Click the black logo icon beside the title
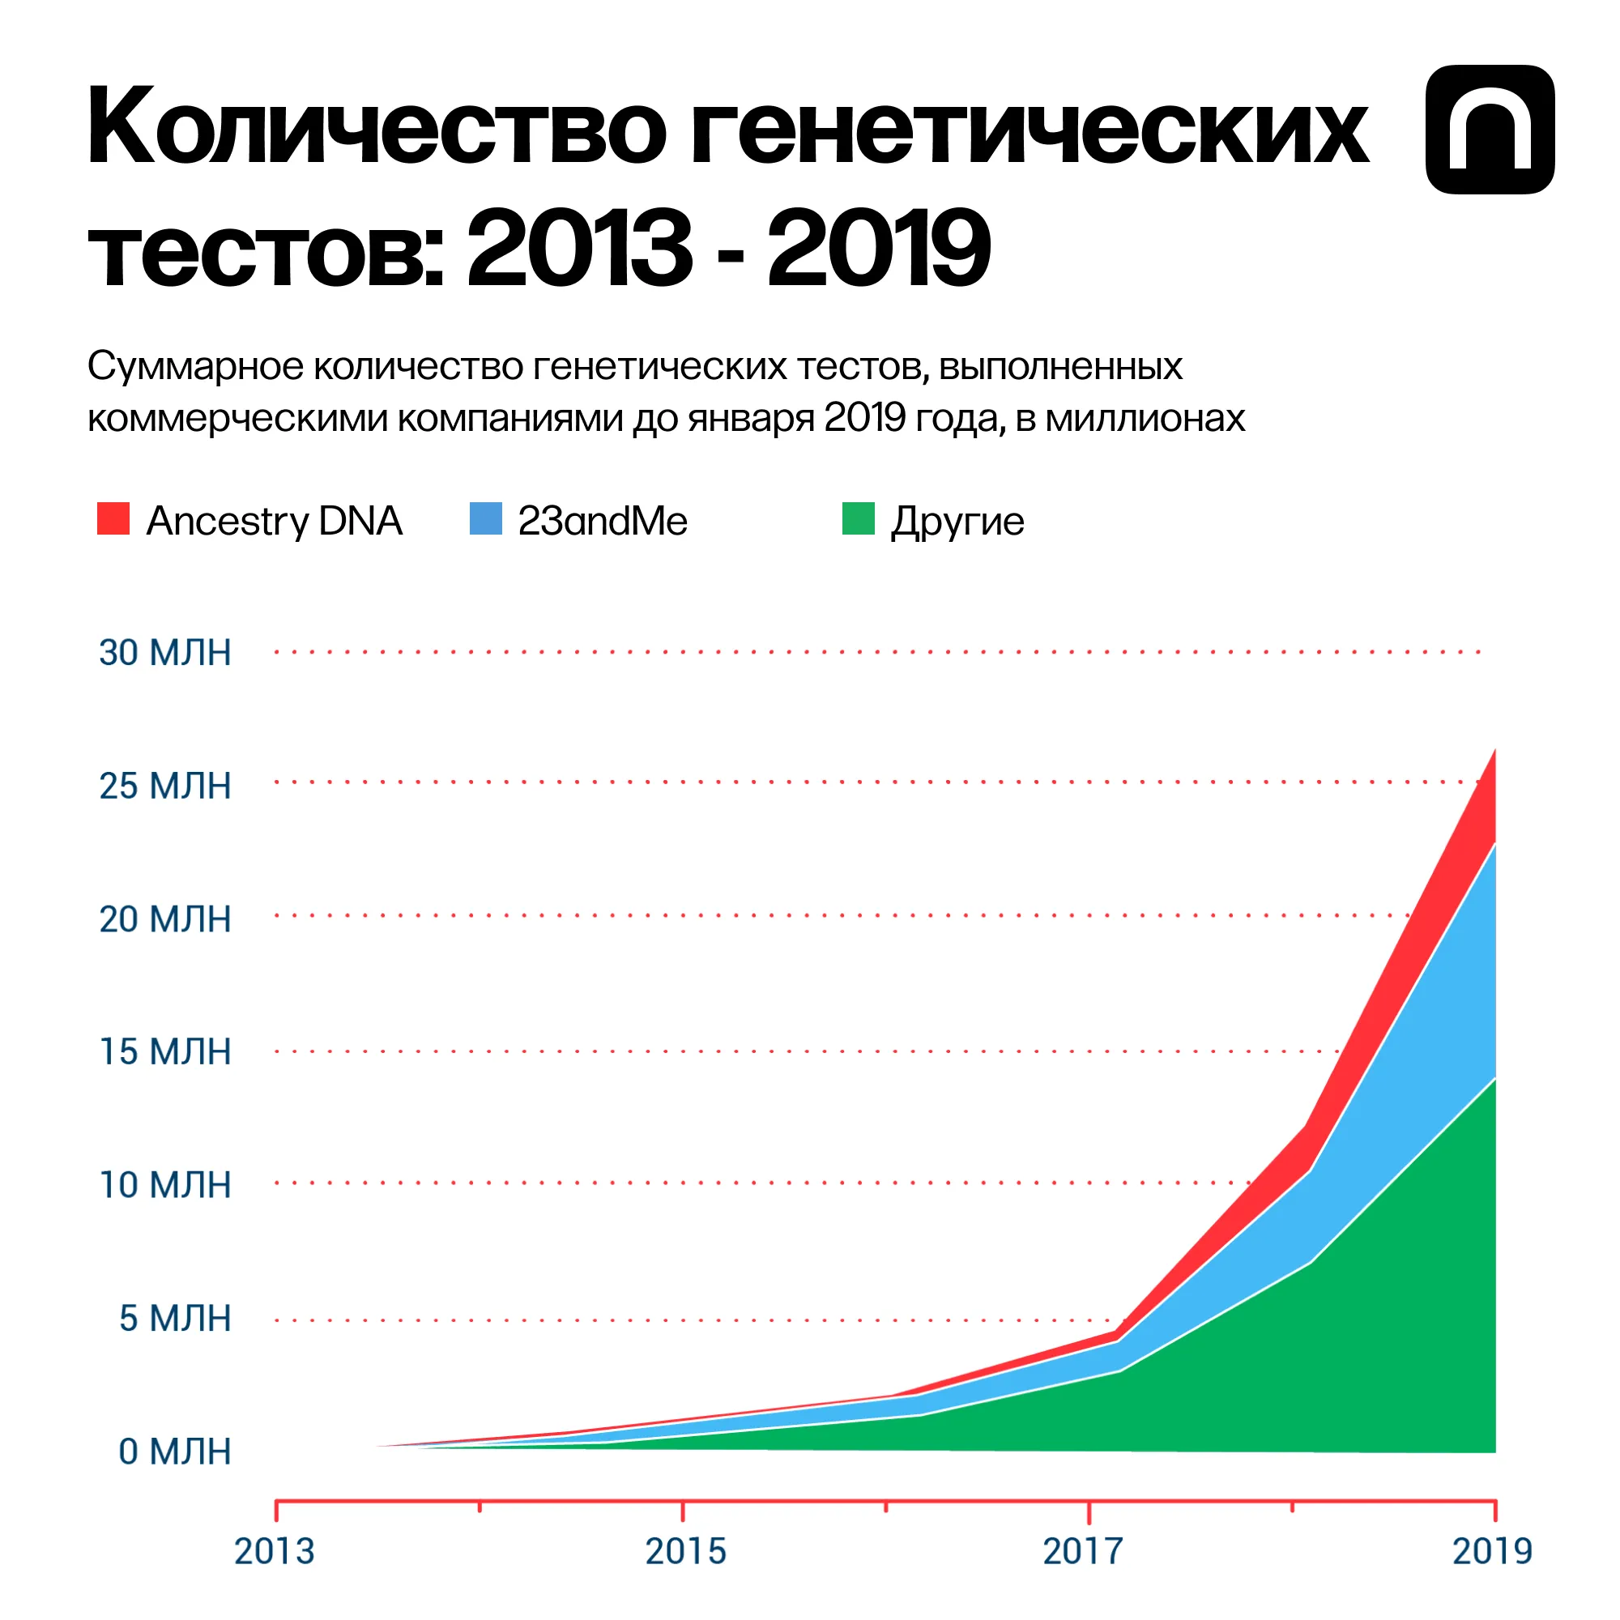coord(1490,130)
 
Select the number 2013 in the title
coord(578,249)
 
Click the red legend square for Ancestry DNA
coord(113,519)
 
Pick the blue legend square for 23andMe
coord(485,519)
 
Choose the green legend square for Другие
coord(858,519)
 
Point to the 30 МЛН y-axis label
coord(165,653)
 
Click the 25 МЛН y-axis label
coord(165,787)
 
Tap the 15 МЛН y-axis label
coord(165,1052)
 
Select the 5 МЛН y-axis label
coord(174,1319)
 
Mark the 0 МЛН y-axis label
coord(174,1452)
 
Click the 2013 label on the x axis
coord(275,1552)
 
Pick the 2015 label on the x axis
coord(685,1552)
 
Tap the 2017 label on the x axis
coord(1082,1552)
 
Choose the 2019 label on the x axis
coord(1492,1552)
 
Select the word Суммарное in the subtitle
coord(195,366)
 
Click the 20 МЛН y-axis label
coord(165,920)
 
